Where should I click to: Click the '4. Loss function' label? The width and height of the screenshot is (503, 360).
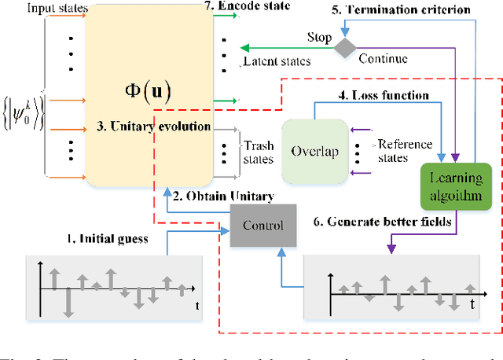tap(382, 96)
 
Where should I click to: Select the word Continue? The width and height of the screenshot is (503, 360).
tap(384, 58)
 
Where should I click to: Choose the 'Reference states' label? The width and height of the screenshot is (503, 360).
tap(406, 151)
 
